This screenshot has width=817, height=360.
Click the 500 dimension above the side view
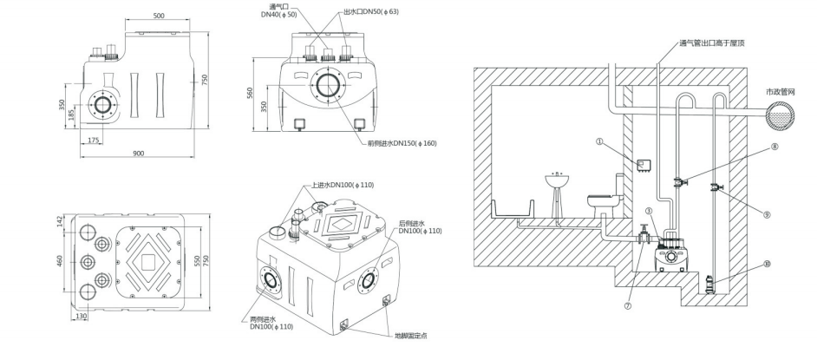(x=159, y=16)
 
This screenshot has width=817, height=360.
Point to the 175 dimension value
(x=94, y=139)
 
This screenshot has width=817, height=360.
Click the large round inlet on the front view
(x=328, y=88)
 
